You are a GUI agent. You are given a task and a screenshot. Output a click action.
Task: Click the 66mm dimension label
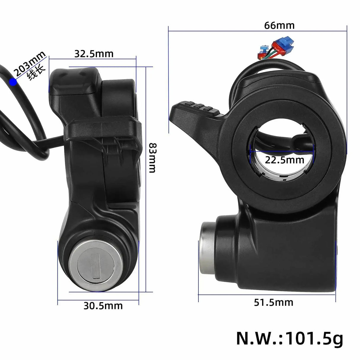pos(279,26)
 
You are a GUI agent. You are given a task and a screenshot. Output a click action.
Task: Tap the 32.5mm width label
pos(94,54)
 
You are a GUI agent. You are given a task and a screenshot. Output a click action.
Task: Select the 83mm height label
pos(152,157)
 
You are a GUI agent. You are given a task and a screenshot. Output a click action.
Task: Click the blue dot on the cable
pos(13,82)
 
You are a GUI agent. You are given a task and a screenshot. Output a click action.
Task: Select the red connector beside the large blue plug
pos(274,47)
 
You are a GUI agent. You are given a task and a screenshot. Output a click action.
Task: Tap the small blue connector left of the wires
pos(262,47)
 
